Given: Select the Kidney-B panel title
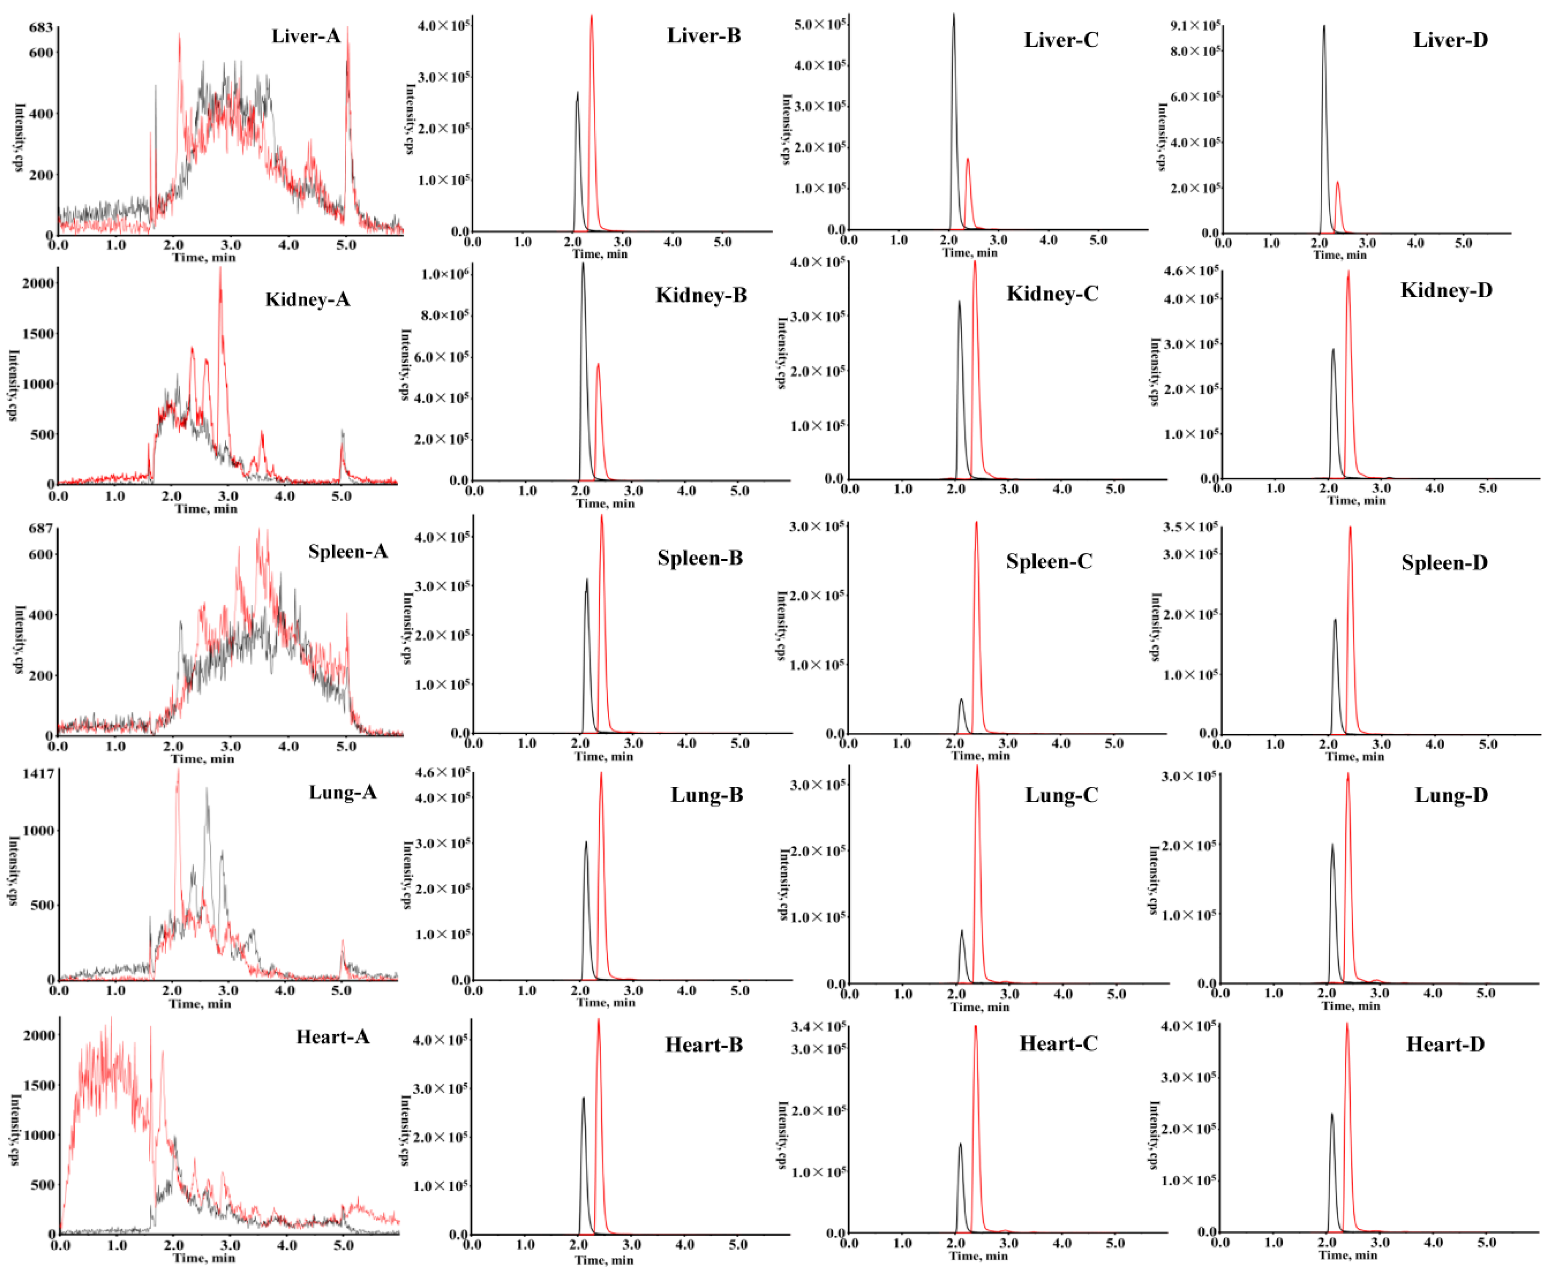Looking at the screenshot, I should coord(701,295).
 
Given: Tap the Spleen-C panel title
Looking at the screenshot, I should coord(1048,562).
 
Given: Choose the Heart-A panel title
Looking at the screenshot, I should coord(332,1037).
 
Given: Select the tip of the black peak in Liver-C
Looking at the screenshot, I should coord(953,15).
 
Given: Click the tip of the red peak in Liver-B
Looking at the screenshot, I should coord(591,16).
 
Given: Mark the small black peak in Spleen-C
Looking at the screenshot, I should coord(961,699).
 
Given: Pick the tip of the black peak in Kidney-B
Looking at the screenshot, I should coord(583,264).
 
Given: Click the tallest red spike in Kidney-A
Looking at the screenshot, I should coord(220,269).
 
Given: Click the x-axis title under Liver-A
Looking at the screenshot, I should coord(204,257).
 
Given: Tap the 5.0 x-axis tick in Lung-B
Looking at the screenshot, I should coord(739,990).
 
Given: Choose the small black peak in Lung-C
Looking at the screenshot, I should coord(962,931).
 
